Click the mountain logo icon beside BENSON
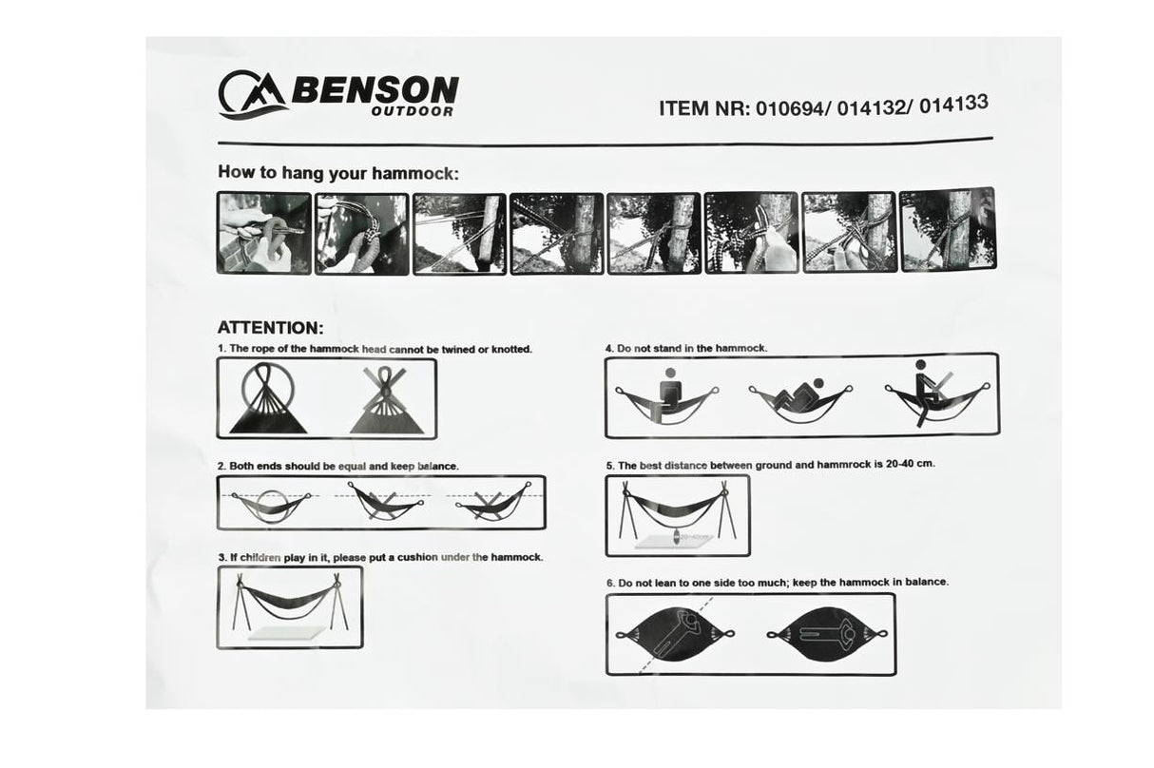(253, 95)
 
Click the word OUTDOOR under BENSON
(413, 111)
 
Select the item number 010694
(790, 108)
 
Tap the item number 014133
(953, 104)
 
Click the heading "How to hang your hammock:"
(338, 173)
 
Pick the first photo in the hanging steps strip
(264, 233)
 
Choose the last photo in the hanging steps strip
(948, 230)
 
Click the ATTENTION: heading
(271, 328)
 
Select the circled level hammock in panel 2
(272, 506)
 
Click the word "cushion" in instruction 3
(417, 557)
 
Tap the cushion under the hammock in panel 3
(286, 633)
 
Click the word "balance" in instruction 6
(928, 582)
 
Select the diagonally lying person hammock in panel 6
(675, 634)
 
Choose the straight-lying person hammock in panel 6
(827, 634)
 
